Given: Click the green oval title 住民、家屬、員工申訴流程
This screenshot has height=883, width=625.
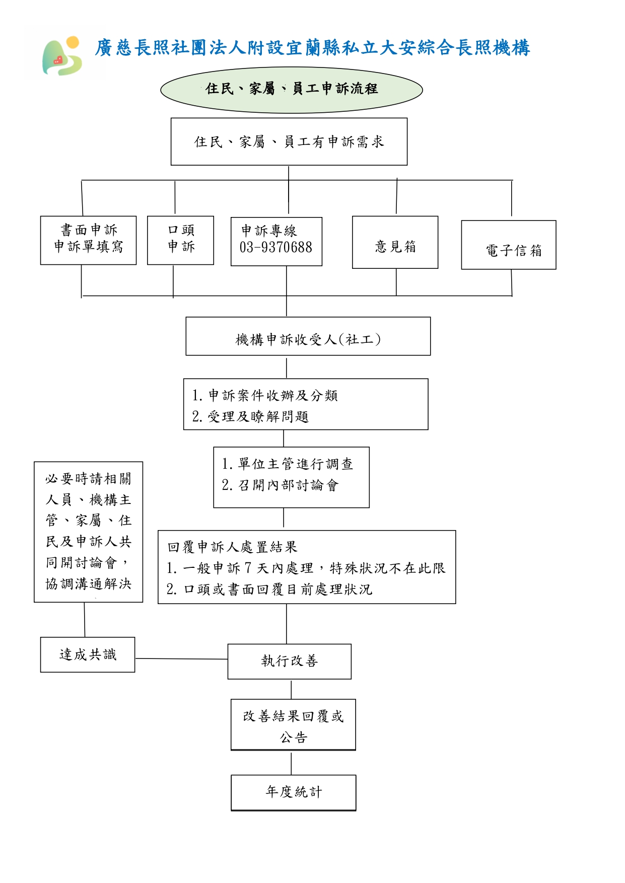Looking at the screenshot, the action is [x=291, y=90].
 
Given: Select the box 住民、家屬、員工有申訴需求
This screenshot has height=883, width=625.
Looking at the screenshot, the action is [x=289, y=141].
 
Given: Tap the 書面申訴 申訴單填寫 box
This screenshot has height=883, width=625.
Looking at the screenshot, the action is [x=88, y=240].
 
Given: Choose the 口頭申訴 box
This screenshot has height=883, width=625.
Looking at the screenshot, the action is [x=180, y=240].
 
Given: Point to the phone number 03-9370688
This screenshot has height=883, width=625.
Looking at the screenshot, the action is [x=276, y=247].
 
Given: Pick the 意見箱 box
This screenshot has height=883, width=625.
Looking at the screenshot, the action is [x=395, y=242].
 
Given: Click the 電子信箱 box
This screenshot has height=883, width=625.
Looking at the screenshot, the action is [x=509, y=245].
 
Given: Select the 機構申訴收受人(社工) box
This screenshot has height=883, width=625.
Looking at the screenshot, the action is [x=308, y=336].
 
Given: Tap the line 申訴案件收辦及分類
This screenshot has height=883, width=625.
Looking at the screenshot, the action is [x=265, y=396].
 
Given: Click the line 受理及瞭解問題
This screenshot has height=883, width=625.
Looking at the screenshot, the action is [x=250, y=417].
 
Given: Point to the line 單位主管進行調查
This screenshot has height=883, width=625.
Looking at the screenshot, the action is [x=288, y=464].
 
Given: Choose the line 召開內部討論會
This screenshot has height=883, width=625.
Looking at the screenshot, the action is [x=280, y=485].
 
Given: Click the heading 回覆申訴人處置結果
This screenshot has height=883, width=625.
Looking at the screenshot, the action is [x=232, y=547].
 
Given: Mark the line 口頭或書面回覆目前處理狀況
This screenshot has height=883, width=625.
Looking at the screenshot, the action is [x=269, y=590].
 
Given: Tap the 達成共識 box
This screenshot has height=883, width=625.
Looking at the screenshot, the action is [x=88, y=654].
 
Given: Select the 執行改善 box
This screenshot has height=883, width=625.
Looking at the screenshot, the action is [x=290, y=661].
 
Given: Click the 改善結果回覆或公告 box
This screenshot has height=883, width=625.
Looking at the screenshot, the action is [x=293, y=725].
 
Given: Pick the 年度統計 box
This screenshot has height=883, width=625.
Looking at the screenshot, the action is [x=294, y=793].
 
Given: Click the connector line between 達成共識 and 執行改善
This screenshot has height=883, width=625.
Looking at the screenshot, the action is [x=182, y=658].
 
